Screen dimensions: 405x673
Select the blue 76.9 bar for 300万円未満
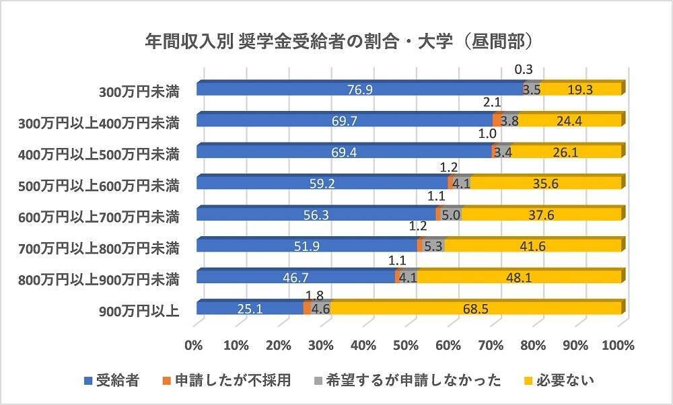[x=360, y=89]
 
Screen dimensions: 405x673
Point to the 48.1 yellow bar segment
[x=518, y=277]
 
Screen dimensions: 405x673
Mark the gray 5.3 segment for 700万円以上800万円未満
[x=433, y=246]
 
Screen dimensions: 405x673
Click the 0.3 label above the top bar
[x=524, y=69]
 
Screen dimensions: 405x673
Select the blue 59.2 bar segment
[x=322, y=183]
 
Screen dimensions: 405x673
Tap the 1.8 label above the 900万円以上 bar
[x=314, y=294]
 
